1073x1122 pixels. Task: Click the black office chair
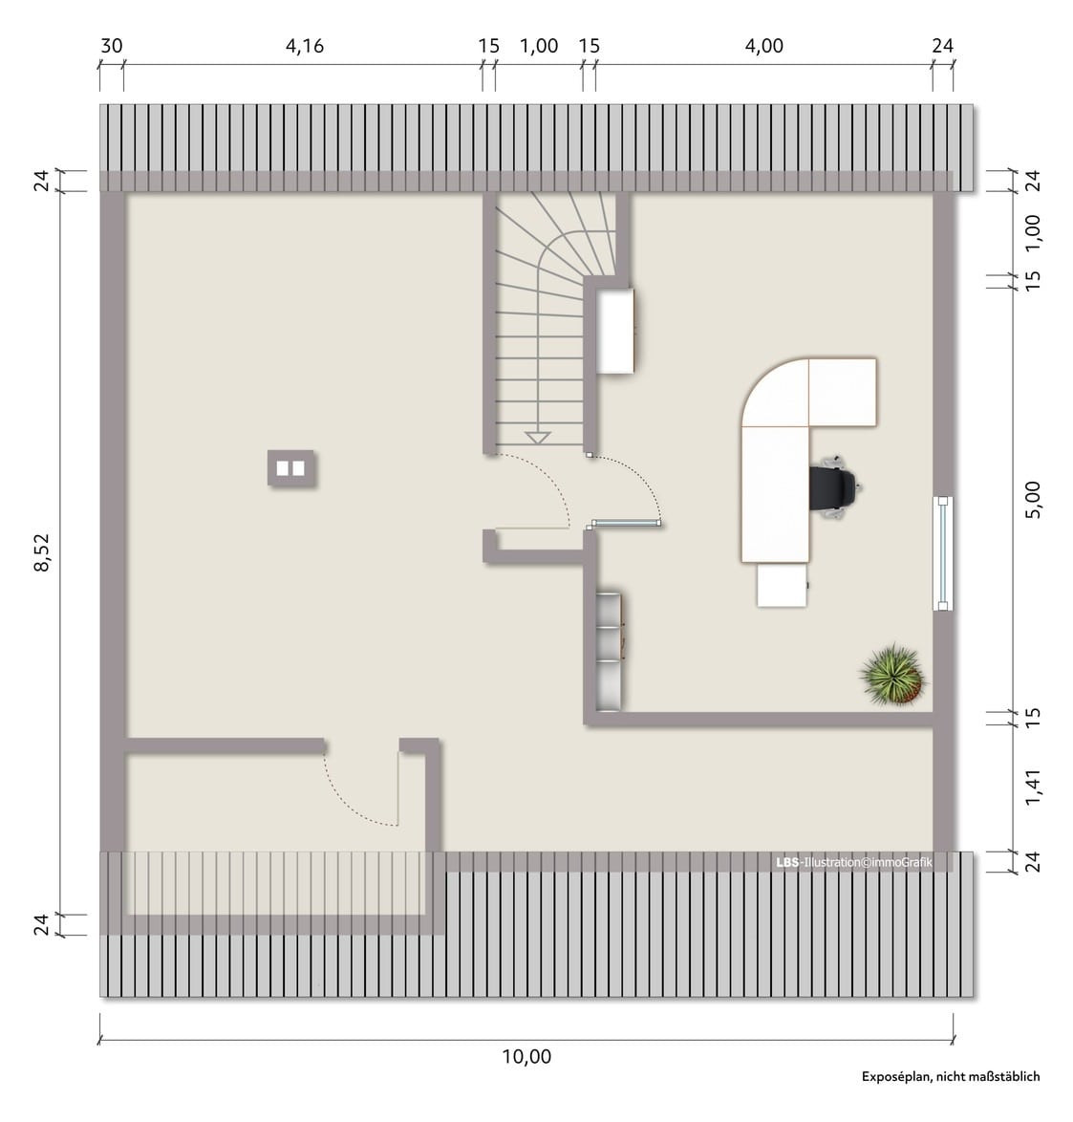coord(833,485)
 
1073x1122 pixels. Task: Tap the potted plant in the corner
coord(891,674)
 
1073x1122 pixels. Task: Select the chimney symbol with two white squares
coord(290,468)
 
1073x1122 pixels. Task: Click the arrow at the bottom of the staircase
coord(537,438)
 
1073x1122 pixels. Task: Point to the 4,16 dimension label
coord(305,46)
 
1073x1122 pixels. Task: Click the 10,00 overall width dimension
coord(526,1056)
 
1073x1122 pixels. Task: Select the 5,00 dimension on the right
coord(1032,500)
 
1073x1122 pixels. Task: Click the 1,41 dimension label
coord(1032,788)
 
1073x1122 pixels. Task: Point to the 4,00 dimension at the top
coord(764,46)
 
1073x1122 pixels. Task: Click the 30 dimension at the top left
coord(112,46)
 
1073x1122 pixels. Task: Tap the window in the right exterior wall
coord(943,553)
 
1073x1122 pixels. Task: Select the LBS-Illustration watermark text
coord(854,862)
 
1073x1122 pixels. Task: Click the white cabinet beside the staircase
coord(615,330)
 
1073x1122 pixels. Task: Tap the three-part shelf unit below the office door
coord(609,651)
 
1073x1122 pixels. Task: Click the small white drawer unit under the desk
coord(782,585)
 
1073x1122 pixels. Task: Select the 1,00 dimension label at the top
coord(539,46)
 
